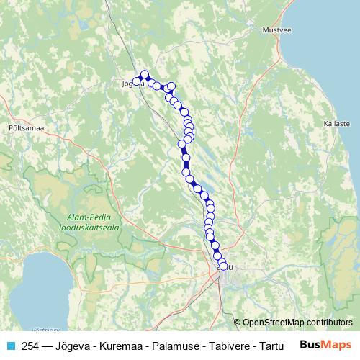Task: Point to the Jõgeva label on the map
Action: coord(130,84)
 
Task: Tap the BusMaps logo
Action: coord(326,345)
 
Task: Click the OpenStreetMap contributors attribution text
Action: coord(297,323)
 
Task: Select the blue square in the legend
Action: coord(8,345)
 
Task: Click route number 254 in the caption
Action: coord(30,345)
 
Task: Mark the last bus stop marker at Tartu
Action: coord(222,266)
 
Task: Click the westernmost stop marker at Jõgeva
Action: coord(135,81)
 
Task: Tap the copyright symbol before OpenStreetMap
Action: coord(237,323)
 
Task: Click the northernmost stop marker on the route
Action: coord(145,73)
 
